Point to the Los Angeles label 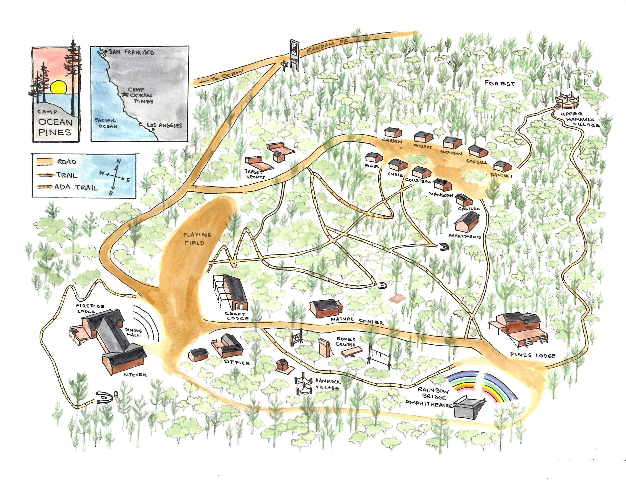pos(165,125)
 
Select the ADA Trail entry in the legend pos(76,188)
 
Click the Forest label pos(500,83)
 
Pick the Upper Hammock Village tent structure pos(567,101)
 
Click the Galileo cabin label pos(469,208)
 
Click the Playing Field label pos(198,239)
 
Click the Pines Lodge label pos(533,355)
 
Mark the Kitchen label pos(135,375)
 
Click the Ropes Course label pos(346,342)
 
